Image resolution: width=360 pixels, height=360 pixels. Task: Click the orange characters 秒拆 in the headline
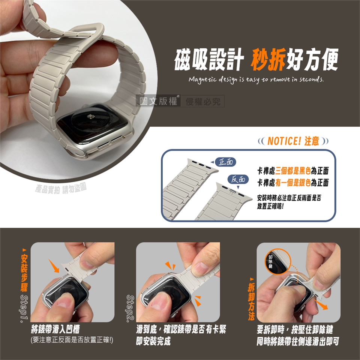click(268, 60)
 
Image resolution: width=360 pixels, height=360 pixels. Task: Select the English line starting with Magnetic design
click(256, 79)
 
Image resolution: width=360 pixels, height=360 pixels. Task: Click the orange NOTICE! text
click(284, 141)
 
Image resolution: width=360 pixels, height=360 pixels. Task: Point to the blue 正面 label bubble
click(226, 162)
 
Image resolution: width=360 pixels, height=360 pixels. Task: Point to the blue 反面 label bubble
click(238, 179)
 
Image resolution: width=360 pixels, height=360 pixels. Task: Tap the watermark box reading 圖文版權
click(158, 101)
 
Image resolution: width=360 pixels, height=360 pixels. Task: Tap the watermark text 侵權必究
click(203, 101)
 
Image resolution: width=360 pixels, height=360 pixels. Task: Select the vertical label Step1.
click(24, 309)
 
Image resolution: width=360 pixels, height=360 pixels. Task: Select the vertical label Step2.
click(130, 309)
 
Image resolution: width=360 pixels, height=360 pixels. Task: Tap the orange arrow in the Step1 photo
click(54, 266)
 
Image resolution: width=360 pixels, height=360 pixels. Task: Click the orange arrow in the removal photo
click(321, 304)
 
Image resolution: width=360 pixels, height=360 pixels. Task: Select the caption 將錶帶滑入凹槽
click(55, 330)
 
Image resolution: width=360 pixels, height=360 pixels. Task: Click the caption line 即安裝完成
click(153, 341)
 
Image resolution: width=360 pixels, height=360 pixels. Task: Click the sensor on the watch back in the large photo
click(91, 117)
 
